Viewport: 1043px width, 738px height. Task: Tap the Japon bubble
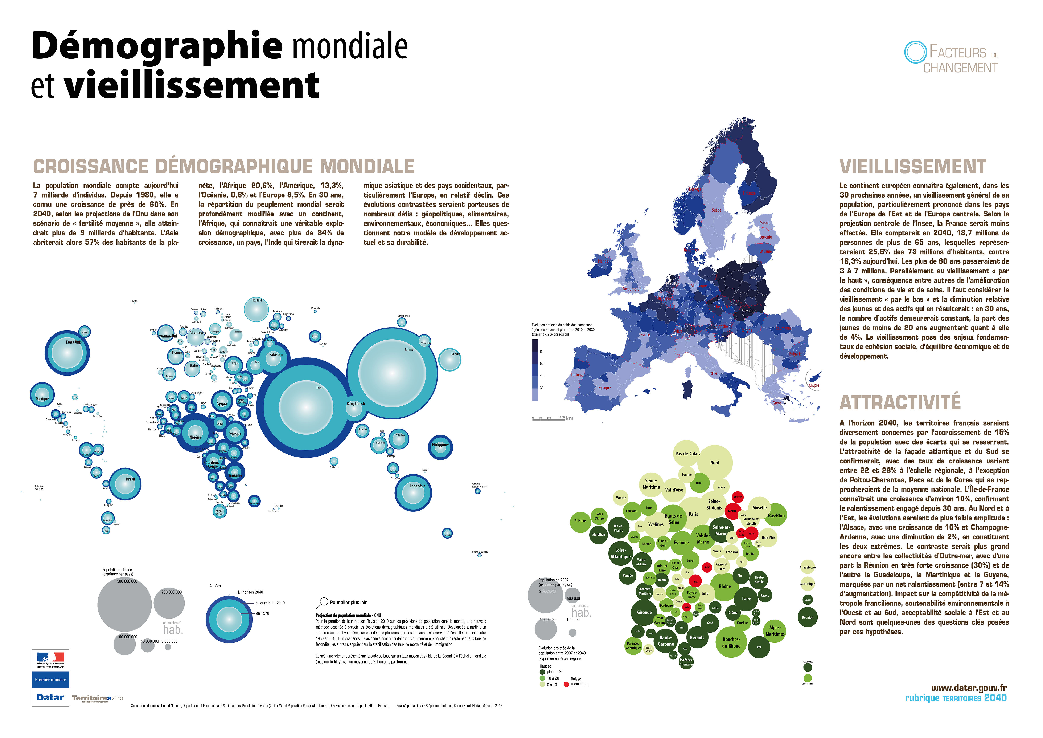(x=450, y=359)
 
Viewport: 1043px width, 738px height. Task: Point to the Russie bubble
(x=256, y=310)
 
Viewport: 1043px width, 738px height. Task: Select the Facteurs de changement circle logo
(x=915, y=52)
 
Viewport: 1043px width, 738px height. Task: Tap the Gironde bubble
(x=644, y=613)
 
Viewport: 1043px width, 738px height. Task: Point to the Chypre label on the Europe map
(x=814, y=385)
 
